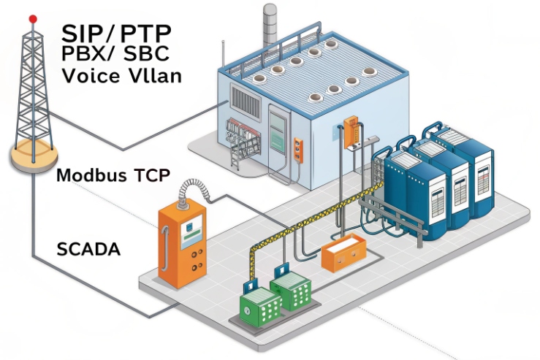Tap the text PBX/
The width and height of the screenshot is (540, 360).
85,54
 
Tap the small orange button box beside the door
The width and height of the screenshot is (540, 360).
297,148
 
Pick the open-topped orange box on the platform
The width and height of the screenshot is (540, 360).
341,253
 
